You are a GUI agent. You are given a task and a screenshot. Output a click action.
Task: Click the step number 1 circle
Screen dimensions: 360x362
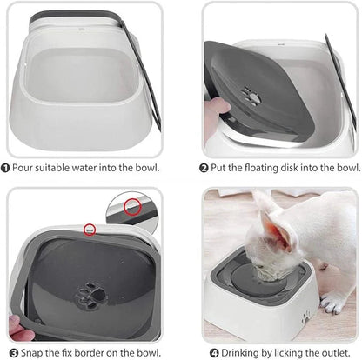[6, 167]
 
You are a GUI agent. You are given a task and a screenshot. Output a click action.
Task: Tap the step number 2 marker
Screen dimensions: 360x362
[204, 167]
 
